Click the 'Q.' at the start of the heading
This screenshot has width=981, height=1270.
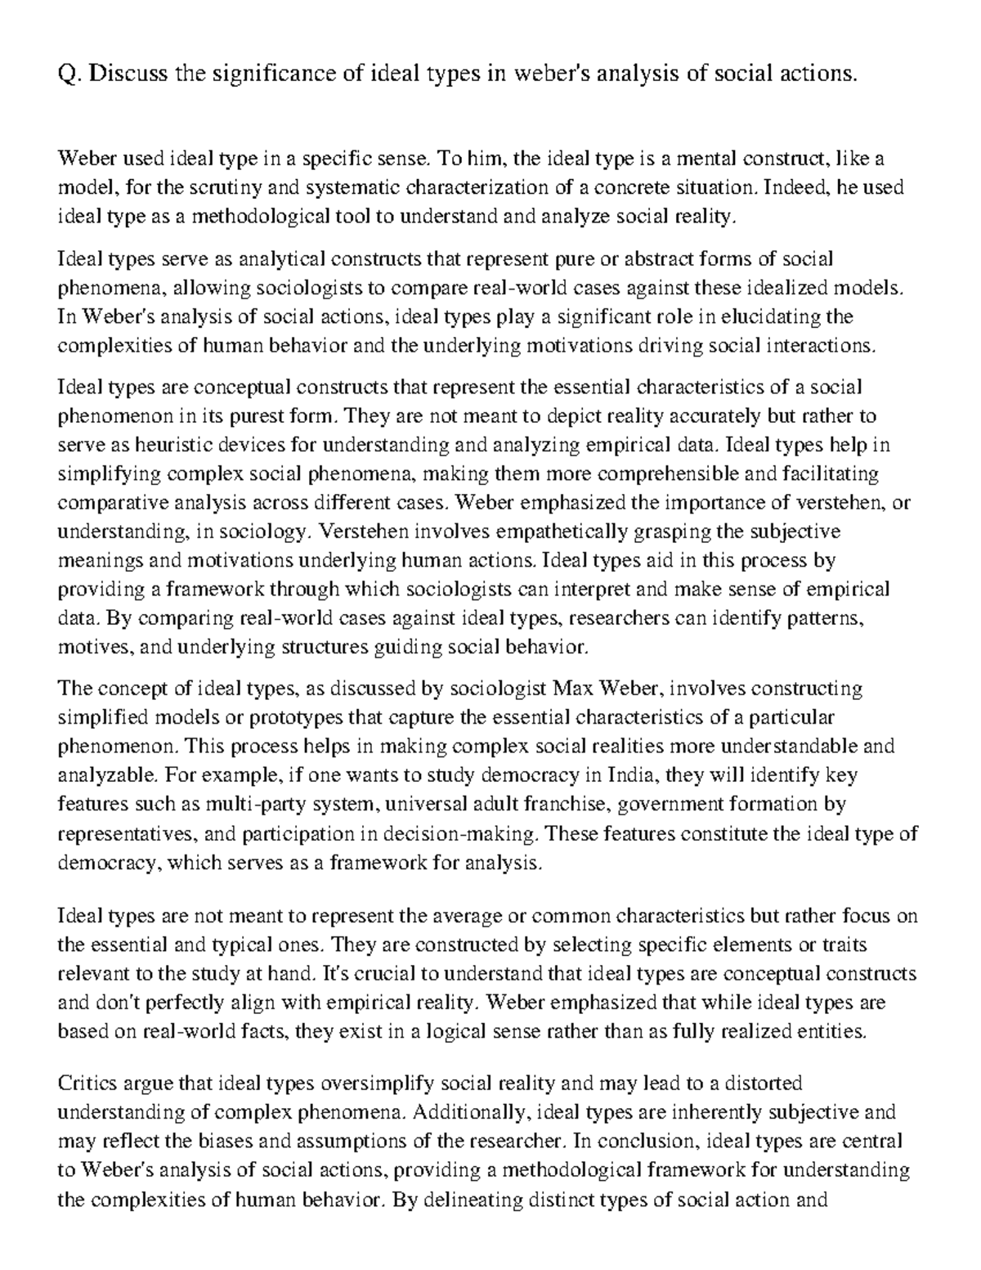(69, 74)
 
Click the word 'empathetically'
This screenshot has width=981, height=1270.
(482, 532)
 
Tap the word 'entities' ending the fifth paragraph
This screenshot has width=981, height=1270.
(830, 1031)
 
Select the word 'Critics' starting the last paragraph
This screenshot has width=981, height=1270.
(86, 1084)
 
